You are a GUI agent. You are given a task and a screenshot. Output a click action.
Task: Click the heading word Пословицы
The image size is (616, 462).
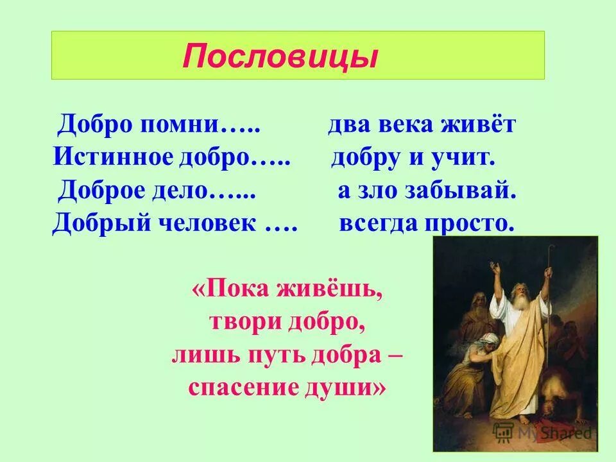click(x=279, y=56)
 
